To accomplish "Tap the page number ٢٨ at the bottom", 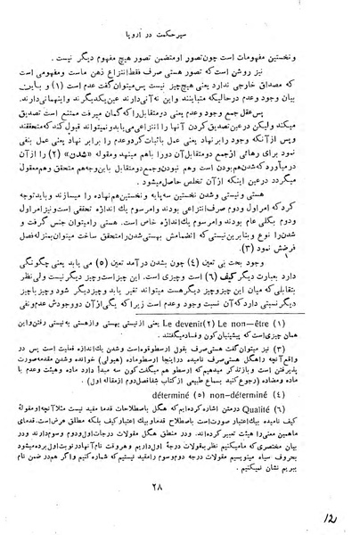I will pos(184,486).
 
